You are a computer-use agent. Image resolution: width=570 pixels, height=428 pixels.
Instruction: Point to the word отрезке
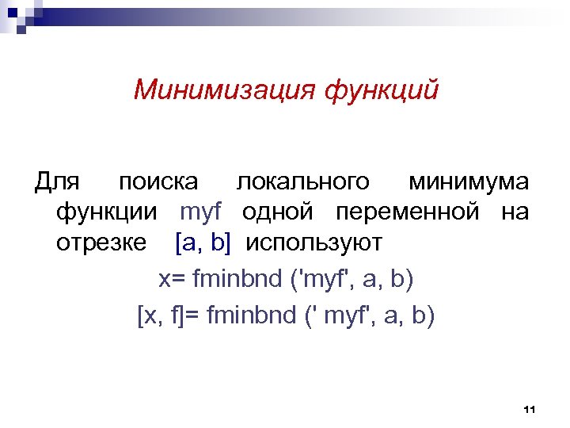click(101, 243)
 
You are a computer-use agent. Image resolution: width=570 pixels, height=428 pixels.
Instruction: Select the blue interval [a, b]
click(203, 243)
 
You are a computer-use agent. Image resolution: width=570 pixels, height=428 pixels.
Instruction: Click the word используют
click(313, 243)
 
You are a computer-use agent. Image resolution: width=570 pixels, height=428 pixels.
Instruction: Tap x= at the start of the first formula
click(169, 280)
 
